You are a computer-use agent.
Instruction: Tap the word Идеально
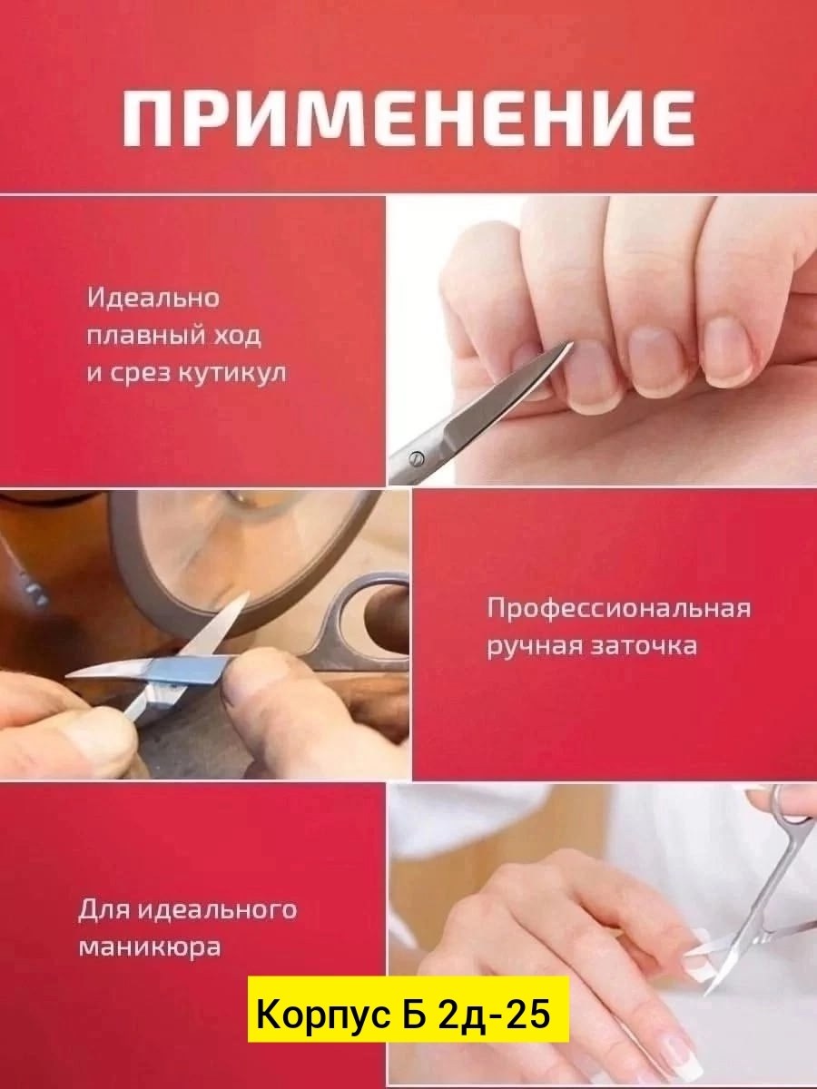click(x=153, y=299)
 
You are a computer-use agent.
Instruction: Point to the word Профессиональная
click(x=619, y=608)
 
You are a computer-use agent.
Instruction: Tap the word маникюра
click(x=149, y=947)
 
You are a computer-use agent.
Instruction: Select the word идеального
click(x=217, y=909)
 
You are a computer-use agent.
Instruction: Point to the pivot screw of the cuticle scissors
click(x=416, y=459)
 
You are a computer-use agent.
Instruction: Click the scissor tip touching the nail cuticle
click(x=571, y=344)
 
